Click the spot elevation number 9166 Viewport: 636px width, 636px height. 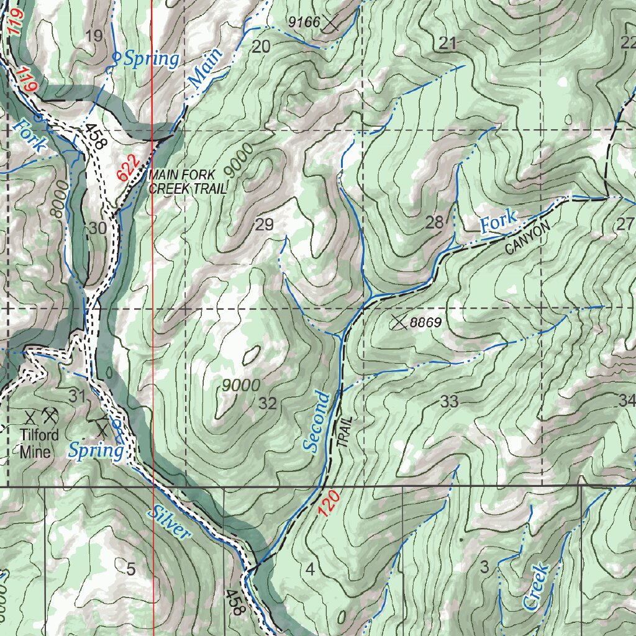coord(304,22)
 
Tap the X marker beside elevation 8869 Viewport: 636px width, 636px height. coord(398,322)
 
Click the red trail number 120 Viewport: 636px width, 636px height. coord(328,503)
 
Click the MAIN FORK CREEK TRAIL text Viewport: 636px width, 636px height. coord(188,183)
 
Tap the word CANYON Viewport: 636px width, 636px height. coord(528,238)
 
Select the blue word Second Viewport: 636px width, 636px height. coord(316,421)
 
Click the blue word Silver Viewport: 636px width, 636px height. coord(169,522)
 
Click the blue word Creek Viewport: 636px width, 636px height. coord(535,586)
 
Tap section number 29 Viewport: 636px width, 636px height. coord(265,225)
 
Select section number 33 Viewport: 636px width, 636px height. coord(449,402)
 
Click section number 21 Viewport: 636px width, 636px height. coord(447,43)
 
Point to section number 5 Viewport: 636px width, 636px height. coord(131,568)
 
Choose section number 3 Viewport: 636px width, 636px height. coord(484,566)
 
